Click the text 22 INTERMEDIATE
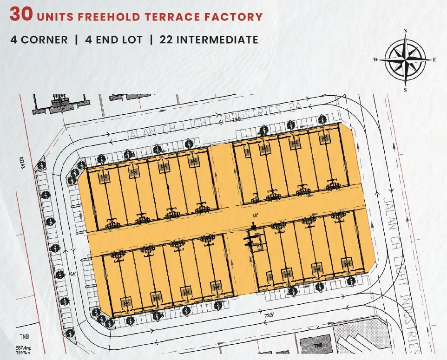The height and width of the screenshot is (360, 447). coord(209,39)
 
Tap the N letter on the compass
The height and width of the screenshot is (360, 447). coord(405,31)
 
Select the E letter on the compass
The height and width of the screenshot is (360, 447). coord(434,59)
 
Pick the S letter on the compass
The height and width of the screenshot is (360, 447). coord(405,90)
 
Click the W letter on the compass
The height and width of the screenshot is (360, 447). coord(375,59)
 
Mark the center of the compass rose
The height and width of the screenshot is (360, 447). coord(405,59)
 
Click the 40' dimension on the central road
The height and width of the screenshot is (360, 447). coord(255,215)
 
